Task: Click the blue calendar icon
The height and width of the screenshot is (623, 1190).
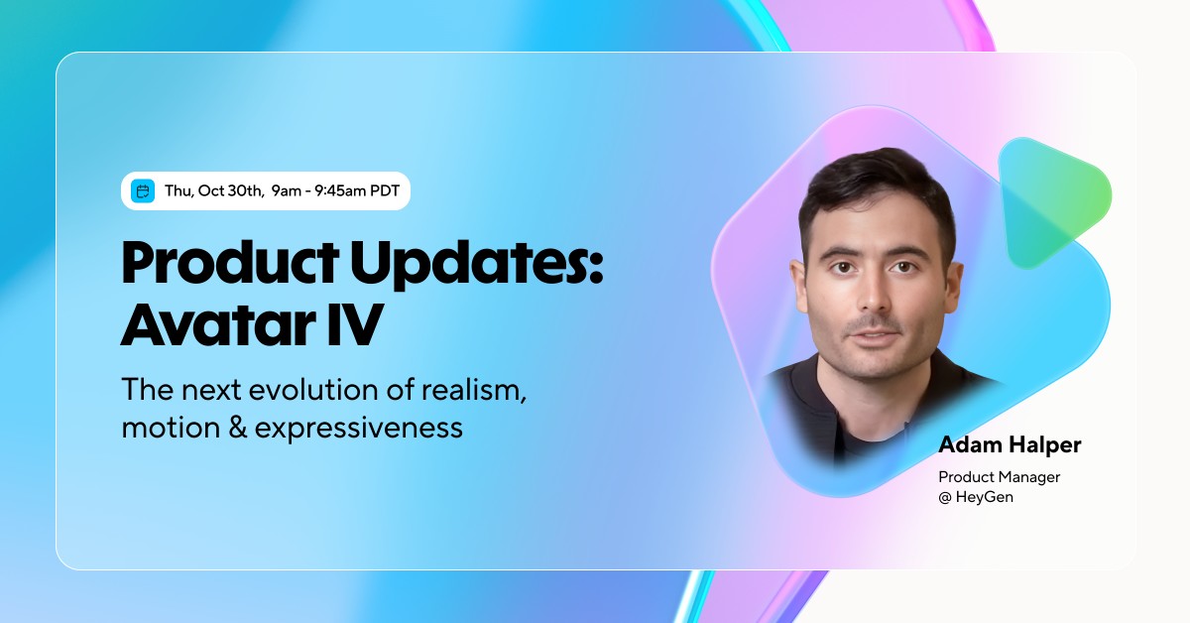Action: tap(144, 191)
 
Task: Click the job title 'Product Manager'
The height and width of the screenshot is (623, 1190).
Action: tap(1000, 477)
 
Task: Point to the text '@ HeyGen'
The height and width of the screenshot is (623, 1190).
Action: tap(976, 497)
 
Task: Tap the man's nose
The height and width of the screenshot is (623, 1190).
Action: tap(874, 298)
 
